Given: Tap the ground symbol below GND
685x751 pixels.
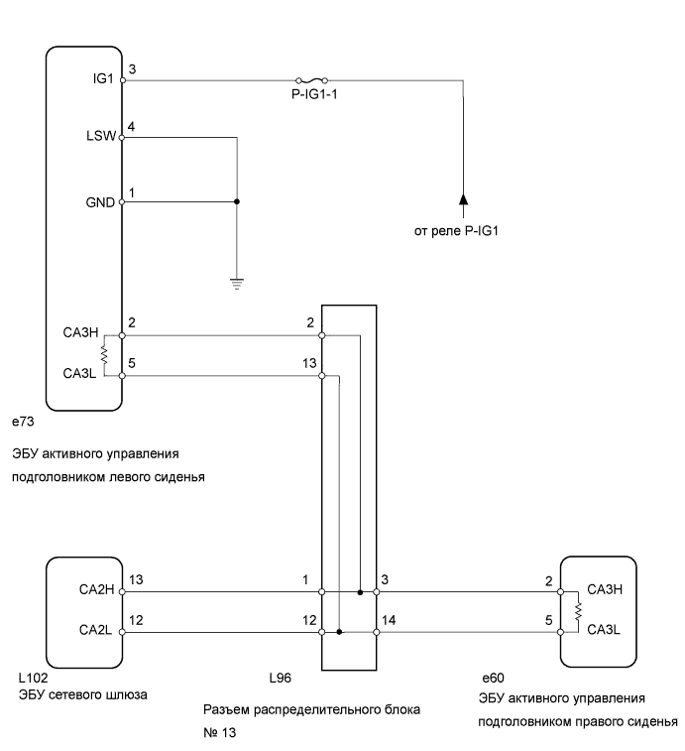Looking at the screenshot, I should coord(237,282).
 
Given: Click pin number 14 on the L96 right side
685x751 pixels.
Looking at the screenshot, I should coord(389,620).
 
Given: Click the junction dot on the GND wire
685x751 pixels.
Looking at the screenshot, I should coord(237,201).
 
